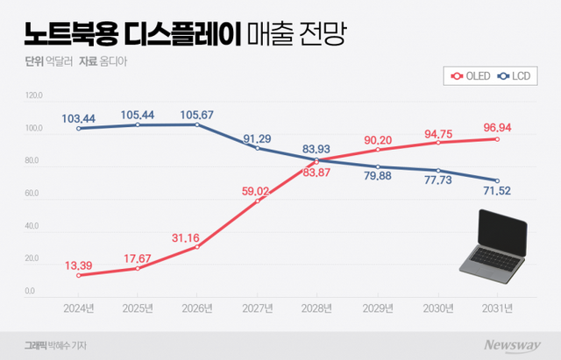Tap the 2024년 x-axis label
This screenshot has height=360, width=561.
[x=79, y=307]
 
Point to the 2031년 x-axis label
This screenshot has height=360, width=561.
[x=496, y=307]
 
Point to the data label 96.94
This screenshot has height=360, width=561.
[x=496, y=127]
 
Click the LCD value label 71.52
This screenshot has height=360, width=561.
[x=497, y=191]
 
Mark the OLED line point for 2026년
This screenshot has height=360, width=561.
[x=198, y=247]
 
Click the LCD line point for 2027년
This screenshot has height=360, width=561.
[x=258, y=148]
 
